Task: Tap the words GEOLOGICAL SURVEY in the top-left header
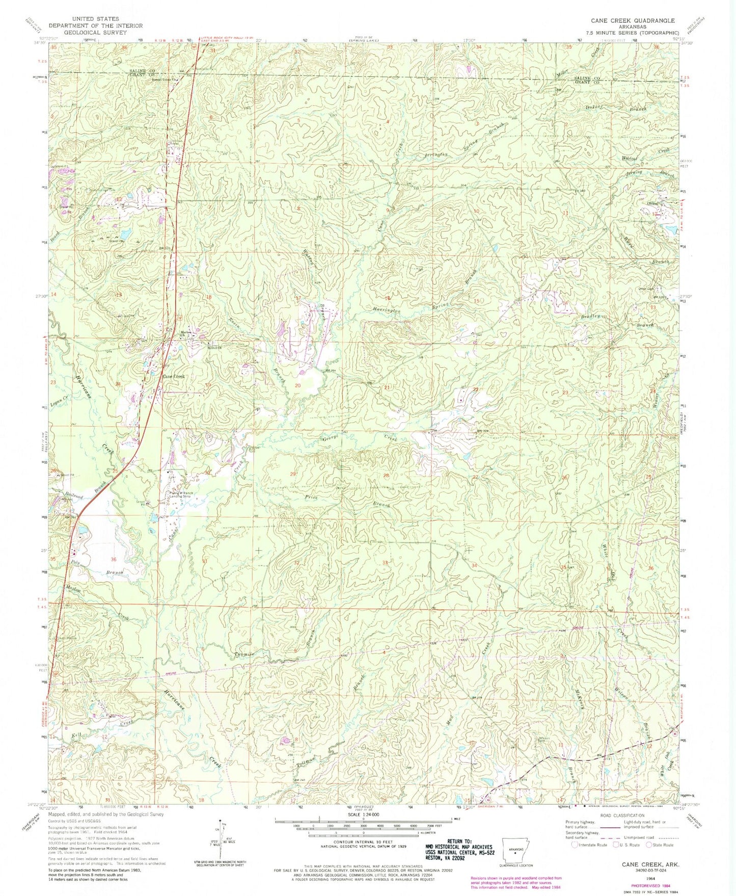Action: [x=96, y=32]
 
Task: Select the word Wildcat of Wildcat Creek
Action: [x=631, y=159]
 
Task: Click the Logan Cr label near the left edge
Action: [x=59, y=398]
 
